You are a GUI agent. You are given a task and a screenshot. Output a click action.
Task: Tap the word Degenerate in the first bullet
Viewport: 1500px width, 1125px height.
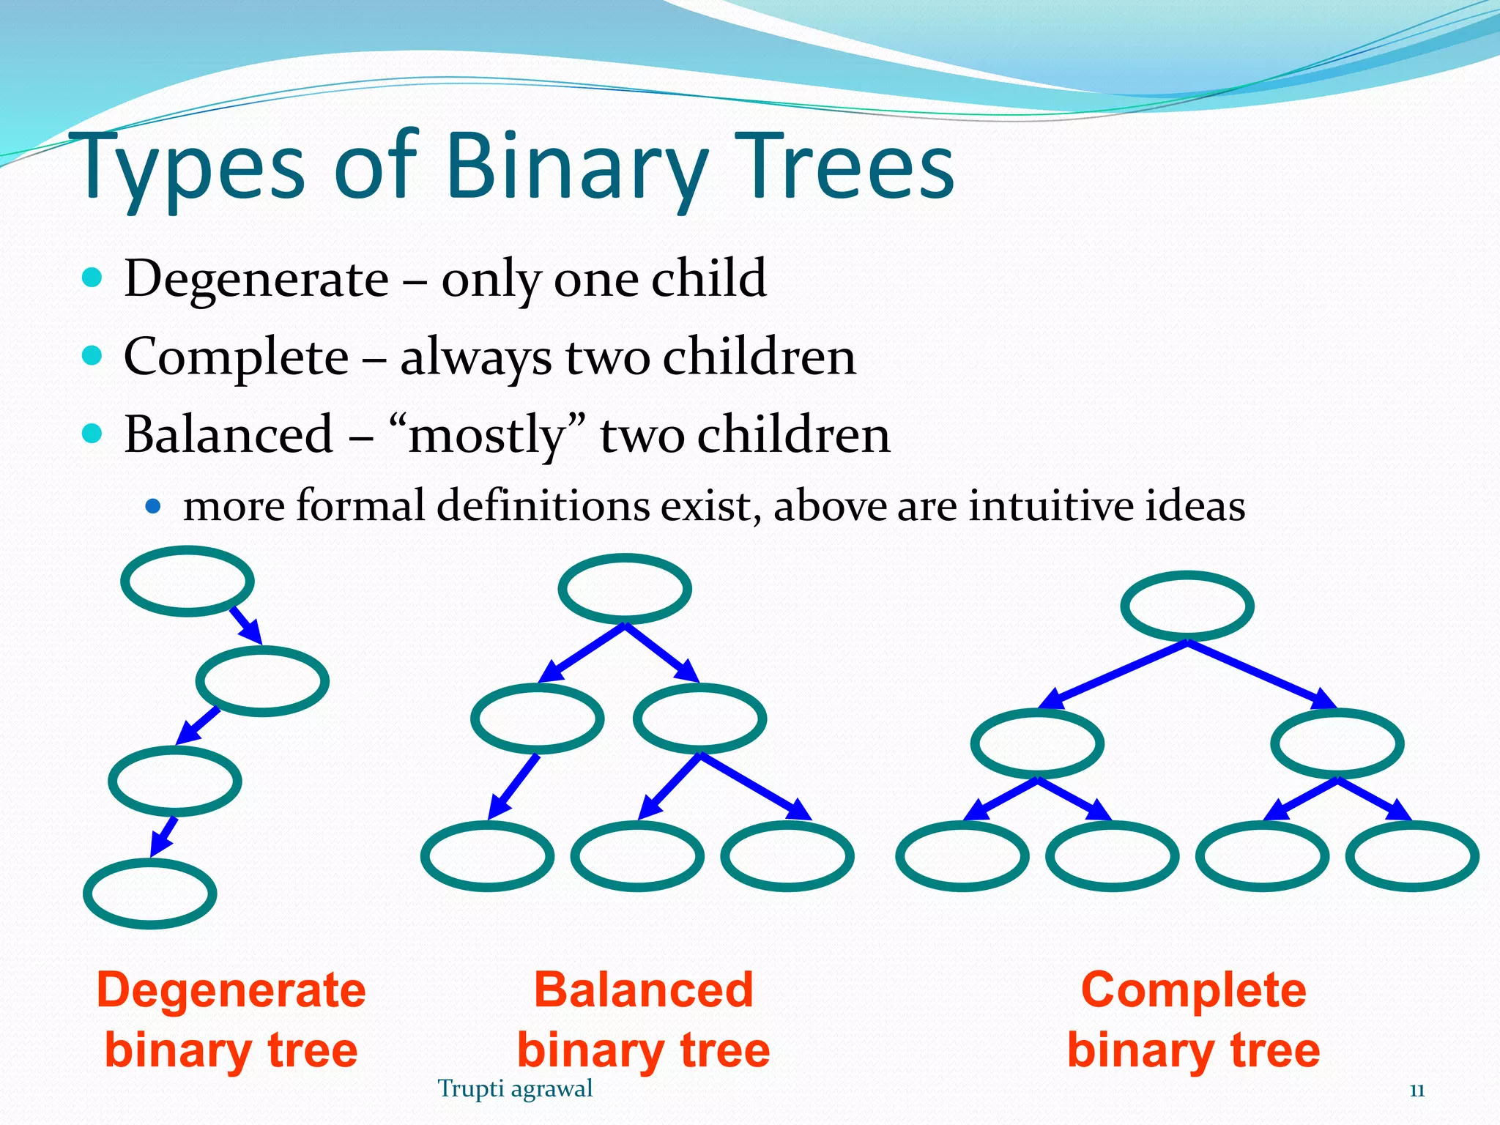[256, 279]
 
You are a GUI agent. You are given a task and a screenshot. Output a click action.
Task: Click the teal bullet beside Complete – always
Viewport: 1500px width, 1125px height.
[92, 357]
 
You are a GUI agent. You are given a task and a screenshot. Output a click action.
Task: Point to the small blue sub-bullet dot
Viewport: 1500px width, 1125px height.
[152, 505]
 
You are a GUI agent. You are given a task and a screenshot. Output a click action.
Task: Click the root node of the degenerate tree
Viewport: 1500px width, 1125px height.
[187, 582]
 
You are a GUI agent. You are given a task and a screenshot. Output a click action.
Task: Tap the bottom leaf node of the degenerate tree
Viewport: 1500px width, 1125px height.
[150, 894]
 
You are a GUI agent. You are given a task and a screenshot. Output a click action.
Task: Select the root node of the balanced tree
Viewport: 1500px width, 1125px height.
[625, 589]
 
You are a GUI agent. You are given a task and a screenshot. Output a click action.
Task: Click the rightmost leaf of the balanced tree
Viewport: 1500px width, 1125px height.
[787, 855]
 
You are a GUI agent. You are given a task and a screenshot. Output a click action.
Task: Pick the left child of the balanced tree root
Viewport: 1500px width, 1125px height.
[538, 719]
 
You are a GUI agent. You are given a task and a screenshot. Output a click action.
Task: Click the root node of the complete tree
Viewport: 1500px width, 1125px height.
[1187, 606]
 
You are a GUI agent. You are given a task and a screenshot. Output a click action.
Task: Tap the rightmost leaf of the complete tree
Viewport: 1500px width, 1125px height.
[1412, 855]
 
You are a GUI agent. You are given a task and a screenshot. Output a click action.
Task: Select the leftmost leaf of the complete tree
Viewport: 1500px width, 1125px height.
[962, 855]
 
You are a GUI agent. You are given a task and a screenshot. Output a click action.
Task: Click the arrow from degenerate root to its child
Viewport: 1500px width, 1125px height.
[246, 625]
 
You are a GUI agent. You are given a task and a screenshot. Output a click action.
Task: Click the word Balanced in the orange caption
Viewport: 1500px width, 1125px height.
[643, 990]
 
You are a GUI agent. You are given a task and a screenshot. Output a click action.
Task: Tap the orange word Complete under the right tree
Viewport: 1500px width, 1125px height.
[1193, 990]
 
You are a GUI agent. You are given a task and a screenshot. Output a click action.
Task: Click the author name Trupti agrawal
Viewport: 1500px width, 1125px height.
[515, 1089]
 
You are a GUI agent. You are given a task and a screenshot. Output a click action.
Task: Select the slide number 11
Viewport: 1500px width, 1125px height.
[1417, 1091]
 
